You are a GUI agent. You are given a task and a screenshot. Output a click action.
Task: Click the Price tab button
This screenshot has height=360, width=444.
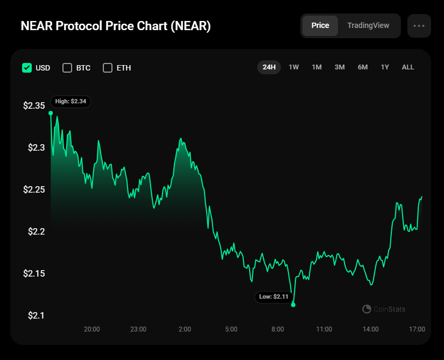click(320, 26)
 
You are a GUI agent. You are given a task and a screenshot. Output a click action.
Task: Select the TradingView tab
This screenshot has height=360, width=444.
click(368, 26)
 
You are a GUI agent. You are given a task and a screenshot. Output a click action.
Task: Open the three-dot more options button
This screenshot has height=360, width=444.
click(419, 26)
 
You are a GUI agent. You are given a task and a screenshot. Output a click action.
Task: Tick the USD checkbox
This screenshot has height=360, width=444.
click(27, 68)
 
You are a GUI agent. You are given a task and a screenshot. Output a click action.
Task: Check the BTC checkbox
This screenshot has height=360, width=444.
click(67, 68)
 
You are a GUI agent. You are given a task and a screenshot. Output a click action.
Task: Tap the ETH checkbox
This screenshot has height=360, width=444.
click(108, 68)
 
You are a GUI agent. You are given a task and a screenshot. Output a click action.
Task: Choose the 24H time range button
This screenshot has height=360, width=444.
click(269, 67)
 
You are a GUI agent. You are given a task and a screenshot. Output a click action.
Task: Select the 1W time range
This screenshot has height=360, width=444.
click(294, 67)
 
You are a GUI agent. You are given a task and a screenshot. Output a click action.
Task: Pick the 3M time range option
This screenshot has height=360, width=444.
click(340, 67)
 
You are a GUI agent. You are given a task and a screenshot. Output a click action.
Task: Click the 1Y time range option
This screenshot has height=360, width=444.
click(385, 67)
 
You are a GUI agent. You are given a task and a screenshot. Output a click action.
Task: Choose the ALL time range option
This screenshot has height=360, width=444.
click(408, 67)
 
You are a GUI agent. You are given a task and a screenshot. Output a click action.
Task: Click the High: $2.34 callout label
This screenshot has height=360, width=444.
click(71, 101)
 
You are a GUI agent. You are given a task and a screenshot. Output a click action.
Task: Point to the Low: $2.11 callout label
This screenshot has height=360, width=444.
click(274, 297)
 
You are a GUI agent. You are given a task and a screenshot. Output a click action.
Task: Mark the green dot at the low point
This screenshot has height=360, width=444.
click(293, 305)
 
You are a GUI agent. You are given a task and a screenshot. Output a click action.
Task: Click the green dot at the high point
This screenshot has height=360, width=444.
click(51, 113)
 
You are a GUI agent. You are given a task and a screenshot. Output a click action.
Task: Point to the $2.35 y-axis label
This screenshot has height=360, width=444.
click(34, 106)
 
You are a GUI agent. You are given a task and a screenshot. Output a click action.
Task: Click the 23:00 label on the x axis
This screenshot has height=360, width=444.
click(138, 329)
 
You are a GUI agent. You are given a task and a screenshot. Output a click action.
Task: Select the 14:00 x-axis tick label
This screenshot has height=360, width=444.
click(370, 329)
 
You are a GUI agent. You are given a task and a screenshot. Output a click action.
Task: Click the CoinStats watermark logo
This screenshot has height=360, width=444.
click(367, 309)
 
